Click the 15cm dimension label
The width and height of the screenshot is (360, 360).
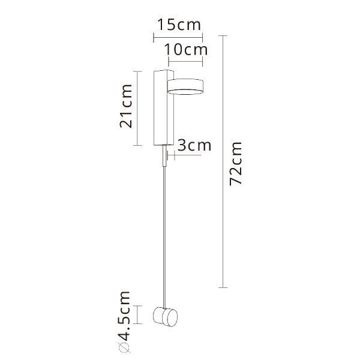(x=178, y=25)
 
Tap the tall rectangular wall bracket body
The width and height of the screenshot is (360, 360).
(x=161, y=108)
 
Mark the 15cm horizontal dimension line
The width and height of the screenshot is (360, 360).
(x=178, y=37)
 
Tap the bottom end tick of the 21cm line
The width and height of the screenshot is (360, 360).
(x=139, y=146)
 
